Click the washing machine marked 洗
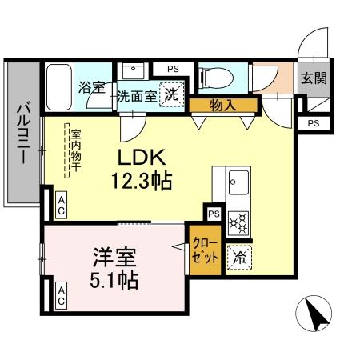pos(171,94)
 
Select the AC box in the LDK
pos(61,210)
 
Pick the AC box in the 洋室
pos(61,299)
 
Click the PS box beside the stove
pos(213,214)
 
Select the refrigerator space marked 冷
pos(238,257)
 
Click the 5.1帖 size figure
pos(114,281)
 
